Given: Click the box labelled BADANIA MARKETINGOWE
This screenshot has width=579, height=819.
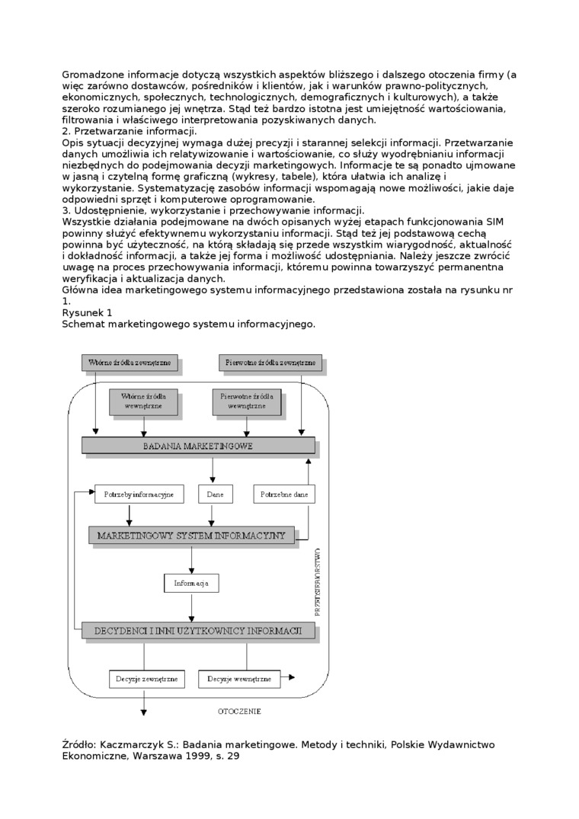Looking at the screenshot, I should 197,446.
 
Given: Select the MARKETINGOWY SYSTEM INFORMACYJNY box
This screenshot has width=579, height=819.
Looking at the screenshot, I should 191,536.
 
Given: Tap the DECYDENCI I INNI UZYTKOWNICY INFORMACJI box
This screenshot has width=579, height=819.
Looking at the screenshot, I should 197,630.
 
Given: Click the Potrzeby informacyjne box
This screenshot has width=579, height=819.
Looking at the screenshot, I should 139,494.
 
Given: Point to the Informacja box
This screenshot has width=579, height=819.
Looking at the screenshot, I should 191,584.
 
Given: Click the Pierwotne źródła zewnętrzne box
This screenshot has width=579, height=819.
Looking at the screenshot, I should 270,363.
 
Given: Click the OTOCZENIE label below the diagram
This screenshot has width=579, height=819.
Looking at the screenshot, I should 238,712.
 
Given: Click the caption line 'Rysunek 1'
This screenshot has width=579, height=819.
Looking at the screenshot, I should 87,312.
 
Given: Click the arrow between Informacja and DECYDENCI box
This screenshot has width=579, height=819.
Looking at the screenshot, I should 191,607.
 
